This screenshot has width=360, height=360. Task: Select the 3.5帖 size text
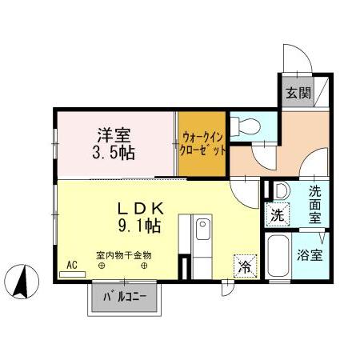tap(114, 153)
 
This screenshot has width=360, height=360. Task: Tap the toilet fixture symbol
tap(247, 125)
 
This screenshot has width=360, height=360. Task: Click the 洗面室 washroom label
tap(315, 203)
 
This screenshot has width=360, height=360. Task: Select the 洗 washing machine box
tap(276, 214)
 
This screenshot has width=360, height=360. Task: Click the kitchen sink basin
tap(203, 231)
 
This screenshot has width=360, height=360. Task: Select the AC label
tap(71, 263)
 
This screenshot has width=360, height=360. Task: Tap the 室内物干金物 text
tap(124, 255)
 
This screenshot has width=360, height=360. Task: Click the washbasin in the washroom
tap(280, 192)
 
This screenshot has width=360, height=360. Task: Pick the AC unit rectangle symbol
tap(72, 273)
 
